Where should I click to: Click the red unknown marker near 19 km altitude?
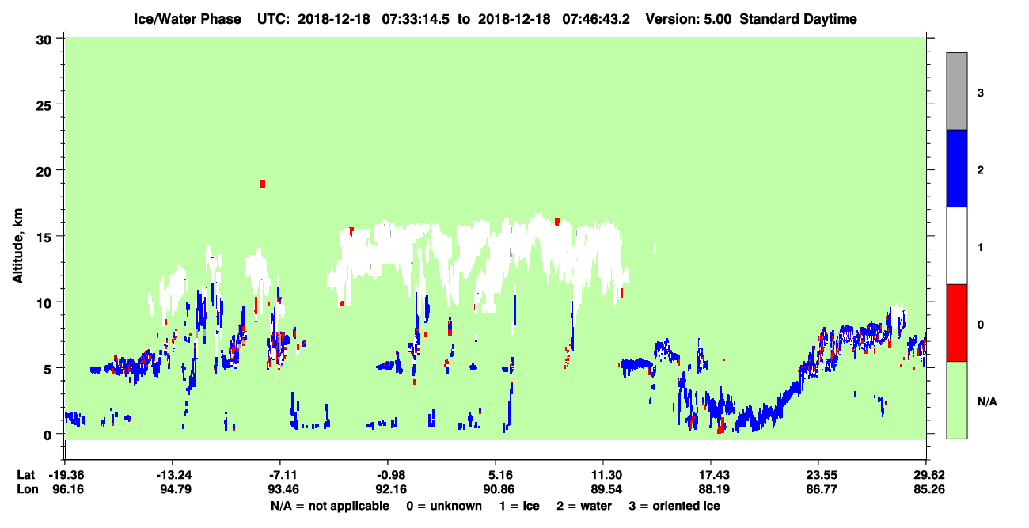[263, 184]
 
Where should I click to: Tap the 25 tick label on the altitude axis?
[44, 106]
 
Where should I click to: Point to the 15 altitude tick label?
[44, 237]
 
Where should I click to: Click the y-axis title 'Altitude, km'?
[17, 245]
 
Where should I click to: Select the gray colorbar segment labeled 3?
[957, 91]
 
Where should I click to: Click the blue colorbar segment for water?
[957, 168]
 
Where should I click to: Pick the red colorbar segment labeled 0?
[957, 323]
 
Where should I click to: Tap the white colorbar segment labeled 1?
[957, 246]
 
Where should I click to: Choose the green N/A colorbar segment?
[957, 401]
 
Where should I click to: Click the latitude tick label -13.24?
[173, 475]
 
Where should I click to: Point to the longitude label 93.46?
[283, 489]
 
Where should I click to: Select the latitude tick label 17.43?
[714, 475]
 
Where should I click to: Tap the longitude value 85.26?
[928, 489]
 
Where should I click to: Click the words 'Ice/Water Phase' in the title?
[188, 19]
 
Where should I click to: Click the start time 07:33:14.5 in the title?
[416, 19]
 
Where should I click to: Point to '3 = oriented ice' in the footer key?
[674, 506]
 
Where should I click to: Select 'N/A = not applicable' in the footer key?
[330, 506]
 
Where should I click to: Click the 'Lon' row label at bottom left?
[28, 489]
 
